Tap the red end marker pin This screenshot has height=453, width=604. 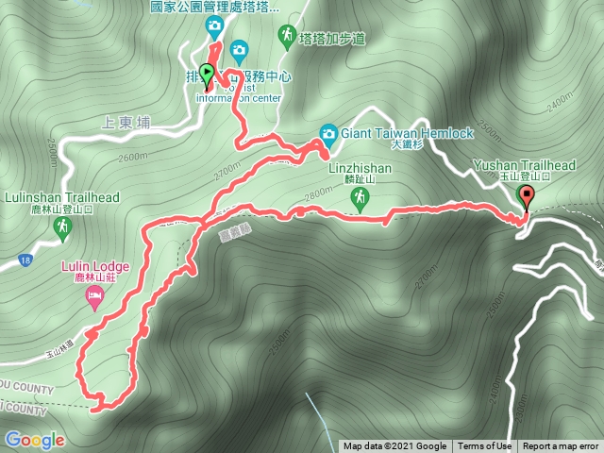(526, 198)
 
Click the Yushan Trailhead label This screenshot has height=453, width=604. (528, 164)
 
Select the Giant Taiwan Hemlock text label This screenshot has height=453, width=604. (408, 133)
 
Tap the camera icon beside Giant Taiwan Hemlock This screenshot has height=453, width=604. (328, 133)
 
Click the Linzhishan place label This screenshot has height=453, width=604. (359, 168)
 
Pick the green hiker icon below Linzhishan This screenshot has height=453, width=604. (359, 197)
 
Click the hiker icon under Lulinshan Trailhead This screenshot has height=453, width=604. (62, 226)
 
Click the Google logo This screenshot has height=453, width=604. (34, 440)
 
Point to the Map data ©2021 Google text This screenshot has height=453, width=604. (395, 446)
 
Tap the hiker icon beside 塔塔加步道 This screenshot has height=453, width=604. (286, 36)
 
